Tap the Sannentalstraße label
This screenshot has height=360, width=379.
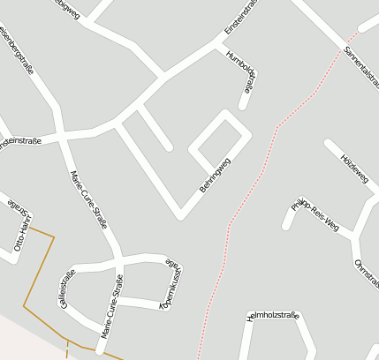point(362,65)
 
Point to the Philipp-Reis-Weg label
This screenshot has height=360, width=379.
point(315,215)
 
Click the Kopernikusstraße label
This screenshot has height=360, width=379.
point(171,284)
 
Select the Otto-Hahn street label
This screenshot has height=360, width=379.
point(20,231)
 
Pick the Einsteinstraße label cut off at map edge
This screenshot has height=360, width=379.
point(21,141)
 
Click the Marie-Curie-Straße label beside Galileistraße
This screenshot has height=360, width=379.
point(112,308)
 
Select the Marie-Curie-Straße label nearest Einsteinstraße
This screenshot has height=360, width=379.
point(88,199)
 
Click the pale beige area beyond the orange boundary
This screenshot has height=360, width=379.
point(27,340)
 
